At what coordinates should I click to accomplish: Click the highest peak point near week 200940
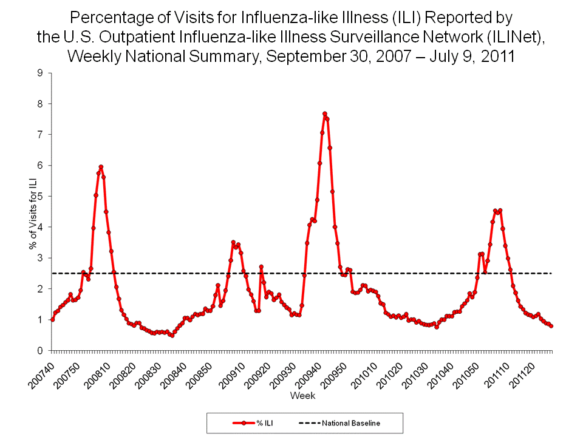(325, 113)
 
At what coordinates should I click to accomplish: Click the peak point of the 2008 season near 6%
(101, 167)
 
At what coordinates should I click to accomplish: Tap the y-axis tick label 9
(40, 73)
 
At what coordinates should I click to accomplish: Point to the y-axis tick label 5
(40, 197)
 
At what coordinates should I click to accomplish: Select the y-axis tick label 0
(40, 351)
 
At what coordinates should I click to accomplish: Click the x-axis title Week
(302, 396)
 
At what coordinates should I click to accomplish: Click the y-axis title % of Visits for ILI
(32, 212)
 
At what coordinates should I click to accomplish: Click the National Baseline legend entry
(339, 423)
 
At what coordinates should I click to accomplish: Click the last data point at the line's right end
(551, 326)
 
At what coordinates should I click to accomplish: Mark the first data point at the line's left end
(52, 319)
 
